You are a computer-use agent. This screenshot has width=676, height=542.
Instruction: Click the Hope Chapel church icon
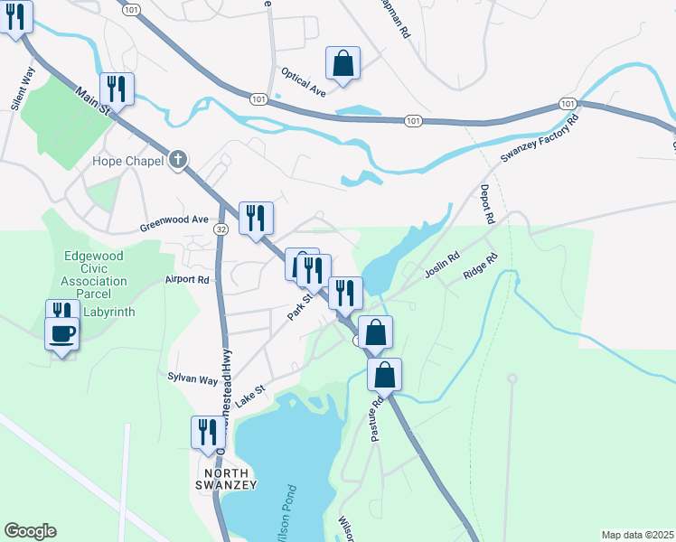tap(178, 161)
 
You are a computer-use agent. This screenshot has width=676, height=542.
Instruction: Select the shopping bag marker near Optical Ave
tap(343, 64)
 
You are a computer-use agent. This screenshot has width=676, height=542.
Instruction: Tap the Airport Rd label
tap(187, 280)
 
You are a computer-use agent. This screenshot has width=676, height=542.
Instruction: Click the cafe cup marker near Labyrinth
tap(61, 334)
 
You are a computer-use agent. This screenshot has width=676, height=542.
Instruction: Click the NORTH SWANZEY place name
tap(230, 479)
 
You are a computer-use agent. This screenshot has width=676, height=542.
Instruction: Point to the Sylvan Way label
tap(192, 379)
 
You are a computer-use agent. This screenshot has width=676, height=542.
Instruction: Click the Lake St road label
tap(249, 397)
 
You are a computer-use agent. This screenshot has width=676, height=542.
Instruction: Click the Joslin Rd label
tap(442, 266)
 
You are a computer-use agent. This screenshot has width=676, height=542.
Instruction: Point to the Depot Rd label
tap(487, 205)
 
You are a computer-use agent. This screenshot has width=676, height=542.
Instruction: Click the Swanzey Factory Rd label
tap(540, 140)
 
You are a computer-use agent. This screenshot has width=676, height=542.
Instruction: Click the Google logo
tap(30, 531)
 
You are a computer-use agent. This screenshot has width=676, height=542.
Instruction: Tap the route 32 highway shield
tap(221, 231)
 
